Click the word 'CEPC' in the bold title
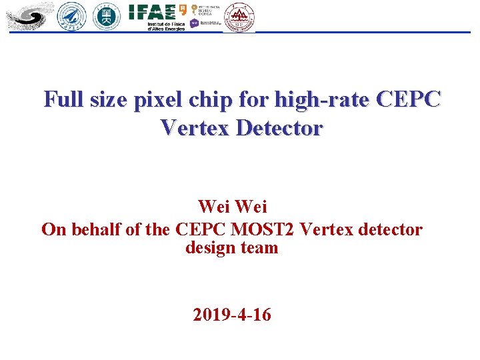click(x=408, y=100)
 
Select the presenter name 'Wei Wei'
click(x=232, y=207)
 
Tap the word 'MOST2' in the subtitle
click(x=263, y=229)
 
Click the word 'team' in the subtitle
click(x=260, y=248)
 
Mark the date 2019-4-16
click(x=232, y=315)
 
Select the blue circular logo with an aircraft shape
click(x=72, y=16)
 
